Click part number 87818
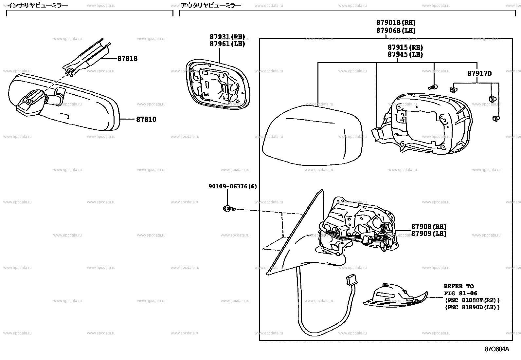coord(127,59)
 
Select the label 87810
coord(146,120)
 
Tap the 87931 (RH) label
coord(227,37)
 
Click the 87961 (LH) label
coord(227,44)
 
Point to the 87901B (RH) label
coord(396,23)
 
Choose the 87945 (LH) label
coord(405,55)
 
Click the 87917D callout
coord(479,74)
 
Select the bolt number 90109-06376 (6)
coord(232,186)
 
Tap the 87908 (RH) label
coord(428,227)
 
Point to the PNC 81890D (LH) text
coord(472,307)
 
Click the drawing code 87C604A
coord(497,349)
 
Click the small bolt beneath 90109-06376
coord(228,208)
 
